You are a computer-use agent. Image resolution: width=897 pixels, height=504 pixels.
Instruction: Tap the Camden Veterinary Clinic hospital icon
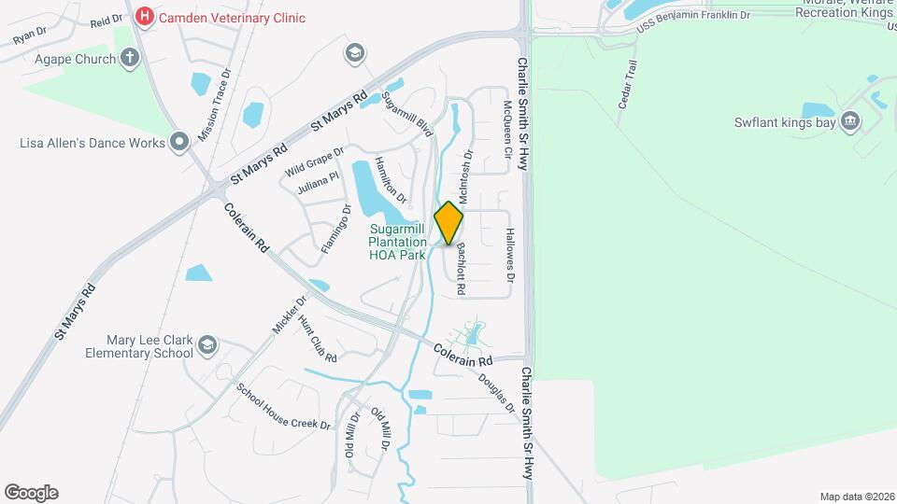click(144, 17)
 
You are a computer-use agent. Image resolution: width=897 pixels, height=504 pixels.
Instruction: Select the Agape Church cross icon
click(130, 59)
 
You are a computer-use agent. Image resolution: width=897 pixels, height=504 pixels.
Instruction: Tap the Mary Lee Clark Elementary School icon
click(206, 347)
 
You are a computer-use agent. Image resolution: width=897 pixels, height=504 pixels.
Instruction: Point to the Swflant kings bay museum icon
click(850, 120)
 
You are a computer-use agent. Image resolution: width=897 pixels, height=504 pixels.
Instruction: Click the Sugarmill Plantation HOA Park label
click(397, 241)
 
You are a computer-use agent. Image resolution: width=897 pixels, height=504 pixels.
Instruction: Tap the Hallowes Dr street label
click(510, 256)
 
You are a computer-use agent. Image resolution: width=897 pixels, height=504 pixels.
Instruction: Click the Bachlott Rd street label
click(461, 271)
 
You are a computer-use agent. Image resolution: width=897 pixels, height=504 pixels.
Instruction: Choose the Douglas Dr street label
click(497, 394)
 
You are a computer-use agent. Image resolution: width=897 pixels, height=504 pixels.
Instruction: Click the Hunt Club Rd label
click(318, 339)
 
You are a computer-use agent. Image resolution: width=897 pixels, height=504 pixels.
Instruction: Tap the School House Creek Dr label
click(283, 407)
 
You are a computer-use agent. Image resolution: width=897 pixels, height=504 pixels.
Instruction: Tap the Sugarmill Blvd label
click(407, 117)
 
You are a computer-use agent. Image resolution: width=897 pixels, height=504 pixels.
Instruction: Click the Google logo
click(31, 493)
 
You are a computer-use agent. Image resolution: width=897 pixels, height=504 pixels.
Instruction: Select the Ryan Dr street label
click(30, 35)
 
